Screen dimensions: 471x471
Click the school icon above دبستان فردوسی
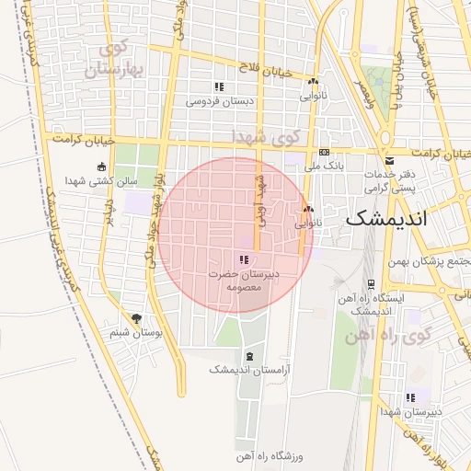(x=220, y=86)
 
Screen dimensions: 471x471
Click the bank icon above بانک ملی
(x=324, y=153)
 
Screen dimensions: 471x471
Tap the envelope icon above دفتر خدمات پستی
(x=388, y=159)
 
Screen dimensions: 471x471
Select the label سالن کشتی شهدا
(x=100, y=180)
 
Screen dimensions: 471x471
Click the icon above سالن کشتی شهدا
(x=100, y=167)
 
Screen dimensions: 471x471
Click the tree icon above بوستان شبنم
(x=137, y=318)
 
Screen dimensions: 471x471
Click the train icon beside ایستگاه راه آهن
(x=370, y=283)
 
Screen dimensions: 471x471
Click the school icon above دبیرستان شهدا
(x=410, y=397)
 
